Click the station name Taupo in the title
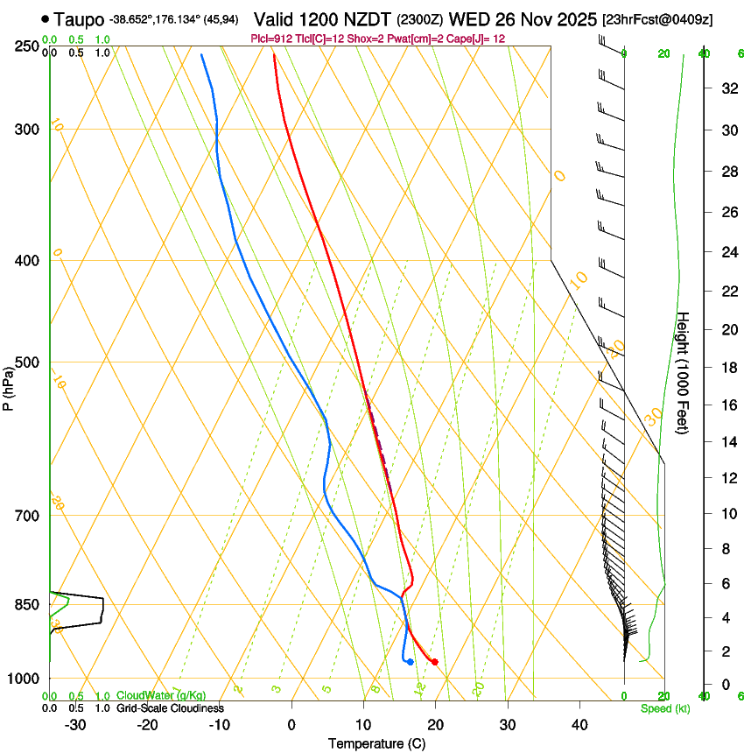tap(78, 18)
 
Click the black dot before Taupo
tap(45, 18)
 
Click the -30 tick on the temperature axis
tap(75, 724)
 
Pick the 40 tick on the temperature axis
tap(579, 724)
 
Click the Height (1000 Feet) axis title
tap(684, 373)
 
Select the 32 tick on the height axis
tap(727, 88)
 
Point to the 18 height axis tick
tap(727, 368)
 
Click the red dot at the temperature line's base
tap(434, 661)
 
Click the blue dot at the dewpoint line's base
tap(410, 661)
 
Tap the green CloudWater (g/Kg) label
tap(161, 696)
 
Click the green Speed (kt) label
tap(664, 708)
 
